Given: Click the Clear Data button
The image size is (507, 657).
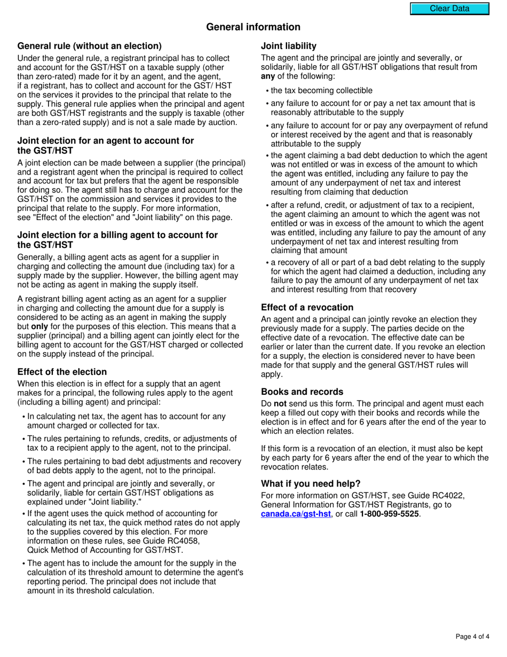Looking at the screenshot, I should [x=449, y=9].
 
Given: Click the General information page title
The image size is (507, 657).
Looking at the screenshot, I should [x=253, y=27].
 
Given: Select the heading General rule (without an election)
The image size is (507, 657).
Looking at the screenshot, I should [x=89, y=46].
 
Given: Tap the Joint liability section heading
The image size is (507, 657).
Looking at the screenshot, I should [x=288, y=46].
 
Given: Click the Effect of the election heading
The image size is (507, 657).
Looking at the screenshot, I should [x=62, y=372].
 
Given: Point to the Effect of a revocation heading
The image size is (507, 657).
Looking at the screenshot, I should [x=307, y=307].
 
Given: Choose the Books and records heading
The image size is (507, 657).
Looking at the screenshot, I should [x=302, y=392].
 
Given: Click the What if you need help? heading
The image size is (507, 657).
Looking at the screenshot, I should [x=311, y=483].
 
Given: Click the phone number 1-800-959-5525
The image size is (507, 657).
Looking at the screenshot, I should [x=389, y=514].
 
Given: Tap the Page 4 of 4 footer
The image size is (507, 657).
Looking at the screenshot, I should [x=472, y=636].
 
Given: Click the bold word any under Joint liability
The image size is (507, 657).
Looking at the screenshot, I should [x=267, y=76].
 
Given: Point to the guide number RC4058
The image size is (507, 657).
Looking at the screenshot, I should [x=185, y=541].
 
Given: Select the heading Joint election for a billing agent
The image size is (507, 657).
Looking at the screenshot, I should [x=117, y=240].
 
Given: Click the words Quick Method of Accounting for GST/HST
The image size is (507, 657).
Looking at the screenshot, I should [x=105, y=550].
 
